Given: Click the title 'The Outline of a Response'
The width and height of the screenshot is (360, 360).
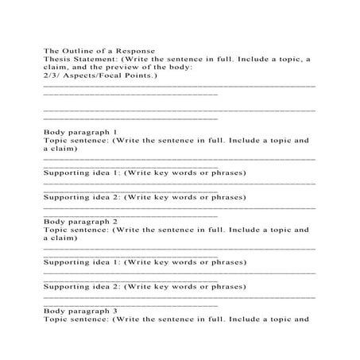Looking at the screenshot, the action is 93,50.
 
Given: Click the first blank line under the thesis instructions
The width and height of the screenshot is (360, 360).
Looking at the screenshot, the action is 179,86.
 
